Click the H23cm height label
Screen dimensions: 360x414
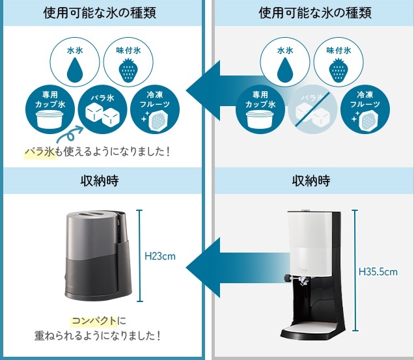click(160, 256)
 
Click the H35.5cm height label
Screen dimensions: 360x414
click(378, 271)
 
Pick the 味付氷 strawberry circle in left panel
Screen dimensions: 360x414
click(128, 63)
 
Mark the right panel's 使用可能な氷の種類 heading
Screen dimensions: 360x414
click(312, 13)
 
